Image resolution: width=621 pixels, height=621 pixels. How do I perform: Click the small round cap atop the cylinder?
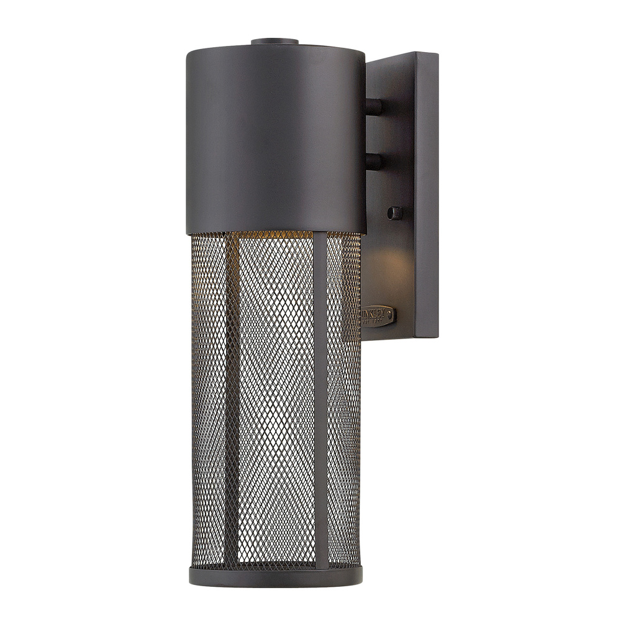pyautogui.click(x=274, y=42)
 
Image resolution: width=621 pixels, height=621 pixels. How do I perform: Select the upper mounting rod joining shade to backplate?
pyautogui.click(x=374, y=106)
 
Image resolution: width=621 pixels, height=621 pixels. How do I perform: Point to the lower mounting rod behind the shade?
pyautogui.click(x=374, y=162)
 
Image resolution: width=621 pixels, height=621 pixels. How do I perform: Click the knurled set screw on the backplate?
pyautogui.click(x=394, y=213)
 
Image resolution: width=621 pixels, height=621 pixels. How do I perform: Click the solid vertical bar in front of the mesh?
pyautogui.click(x=320, y=397)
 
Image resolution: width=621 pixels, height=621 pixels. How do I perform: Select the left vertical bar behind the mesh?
pyautogui.click(x=231, y=397)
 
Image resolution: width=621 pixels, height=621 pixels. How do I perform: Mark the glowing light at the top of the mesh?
pyautogui.click(x=273, y=235)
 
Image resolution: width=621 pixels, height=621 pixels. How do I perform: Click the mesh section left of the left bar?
pyautogui.click(x=208, y=397)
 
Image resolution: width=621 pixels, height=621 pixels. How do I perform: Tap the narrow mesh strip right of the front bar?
pyautogui.click(x=343, y=397)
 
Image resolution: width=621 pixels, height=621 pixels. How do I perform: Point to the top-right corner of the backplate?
pyautogui.click(x=437, y=54)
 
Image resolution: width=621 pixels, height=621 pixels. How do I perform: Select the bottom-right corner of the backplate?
pyautogui.click(x=437, y=337)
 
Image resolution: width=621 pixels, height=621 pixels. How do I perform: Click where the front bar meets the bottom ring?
pyautogui.click(x=320, y=566)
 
